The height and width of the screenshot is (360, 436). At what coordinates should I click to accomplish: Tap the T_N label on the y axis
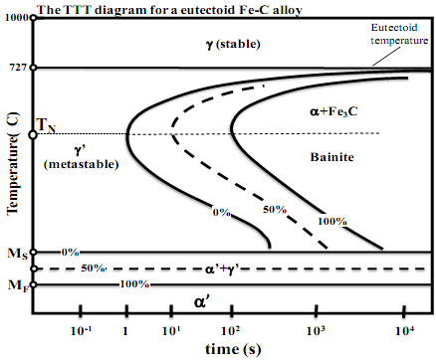point(47,124)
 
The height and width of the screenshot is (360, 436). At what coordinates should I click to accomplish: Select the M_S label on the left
point(17,253)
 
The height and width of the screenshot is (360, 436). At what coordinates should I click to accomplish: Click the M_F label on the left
point(17,286)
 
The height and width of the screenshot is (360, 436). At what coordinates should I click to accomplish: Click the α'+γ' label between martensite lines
point(224,269)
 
